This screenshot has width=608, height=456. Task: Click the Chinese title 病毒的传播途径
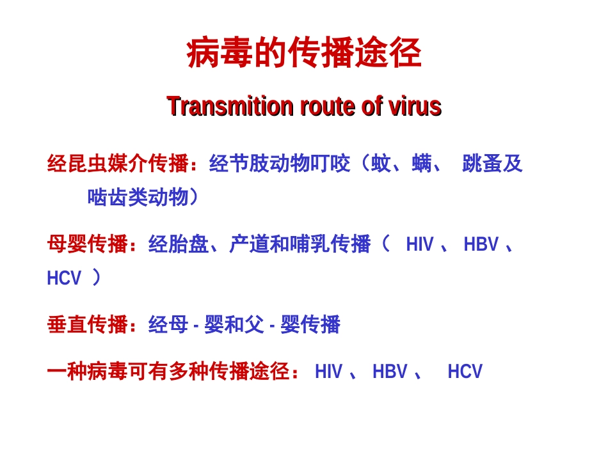click(304, 54)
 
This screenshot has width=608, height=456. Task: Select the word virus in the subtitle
click(415, 106)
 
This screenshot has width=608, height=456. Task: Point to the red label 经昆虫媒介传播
click(118, 164)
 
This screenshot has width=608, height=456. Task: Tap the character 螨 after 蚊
click(422, 164)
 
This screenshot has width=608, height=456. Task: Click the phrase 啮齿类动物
click(138, 198)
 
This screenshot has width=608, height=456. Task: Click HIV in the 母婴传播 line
click(420, 245)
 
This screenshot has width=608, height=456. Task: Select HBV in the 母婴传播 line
click(481, 245)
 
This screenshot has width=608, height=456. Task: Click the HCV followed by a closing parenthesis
click(65, 278)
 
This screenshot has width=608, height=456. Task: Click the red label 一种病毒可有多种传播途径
click(168, 372)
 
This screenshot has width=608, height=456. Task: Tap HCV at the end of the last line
click(465, 372)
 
